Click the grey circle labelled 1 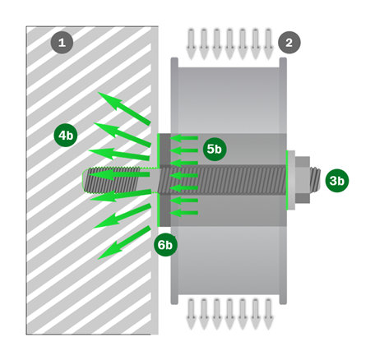click(62, 43)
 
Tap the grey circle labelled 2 click(289, 43)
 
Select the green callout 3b click(337, 181)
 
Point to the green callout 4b click(66, 135)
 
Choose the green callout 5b click(215, 149)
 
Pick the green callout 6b click(165, 245)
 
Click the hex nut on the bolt click(303, 180)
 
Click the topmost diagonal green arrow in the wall click(124, 108)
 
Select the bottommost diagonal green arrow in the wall click(124, 242)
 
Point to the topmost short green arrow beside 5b click(183, 138)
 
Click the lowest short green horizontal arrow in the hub click(183, 213)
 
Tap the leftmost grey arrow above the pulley click(191, 44)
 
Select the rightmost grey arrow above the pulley click(268, 44)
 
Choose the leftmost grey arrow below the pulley click(191, 314)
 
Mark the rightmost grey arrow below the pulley click(268, 314)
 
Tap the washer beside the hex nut click(291, 180)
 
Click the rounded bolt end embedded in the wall click(86, 180)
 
